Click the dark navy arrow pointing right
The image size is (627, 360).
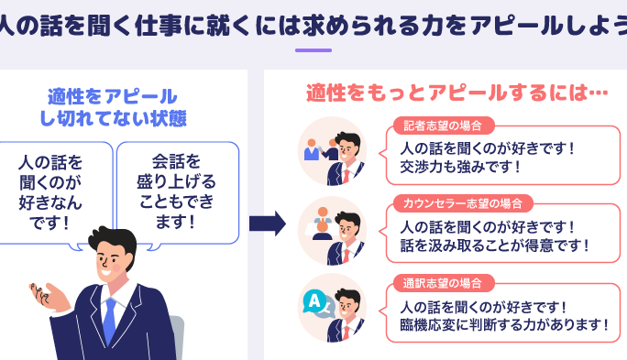[268, 224]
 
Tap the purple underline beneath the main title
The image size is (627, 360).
[313, 50]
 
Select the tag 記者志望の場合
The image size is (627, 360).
[443, 125]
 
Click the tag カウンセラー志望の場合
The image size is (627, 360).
[463, 203]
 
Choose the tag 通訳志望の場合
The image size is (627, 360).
[443, 283]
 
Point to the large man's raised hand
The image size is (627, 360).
[49, 297]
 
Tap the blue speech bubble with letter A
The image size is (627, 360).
[314, 301]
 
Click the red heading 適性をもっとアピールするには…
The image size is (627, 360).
[456, 93]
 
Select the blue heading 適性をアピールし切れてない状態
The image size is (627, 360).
[113, 107]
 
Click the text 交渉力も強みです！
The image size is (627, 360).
[460, 167]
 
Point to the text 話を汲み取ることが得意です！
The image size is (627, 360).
[495, 245]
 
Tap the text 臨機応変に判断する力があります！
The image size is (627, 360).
[505, 324]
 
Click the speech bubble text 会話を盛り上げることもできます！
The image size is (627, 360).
[176, 191]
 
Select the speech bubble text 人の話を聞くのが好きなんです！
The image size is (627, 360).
[50, 192]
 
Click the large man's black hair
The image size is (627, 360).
[114, 240]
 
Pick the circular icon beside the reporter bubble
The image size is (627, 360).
[333, 151]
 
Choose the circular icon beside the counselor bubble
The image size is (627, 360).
[333, 231]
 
